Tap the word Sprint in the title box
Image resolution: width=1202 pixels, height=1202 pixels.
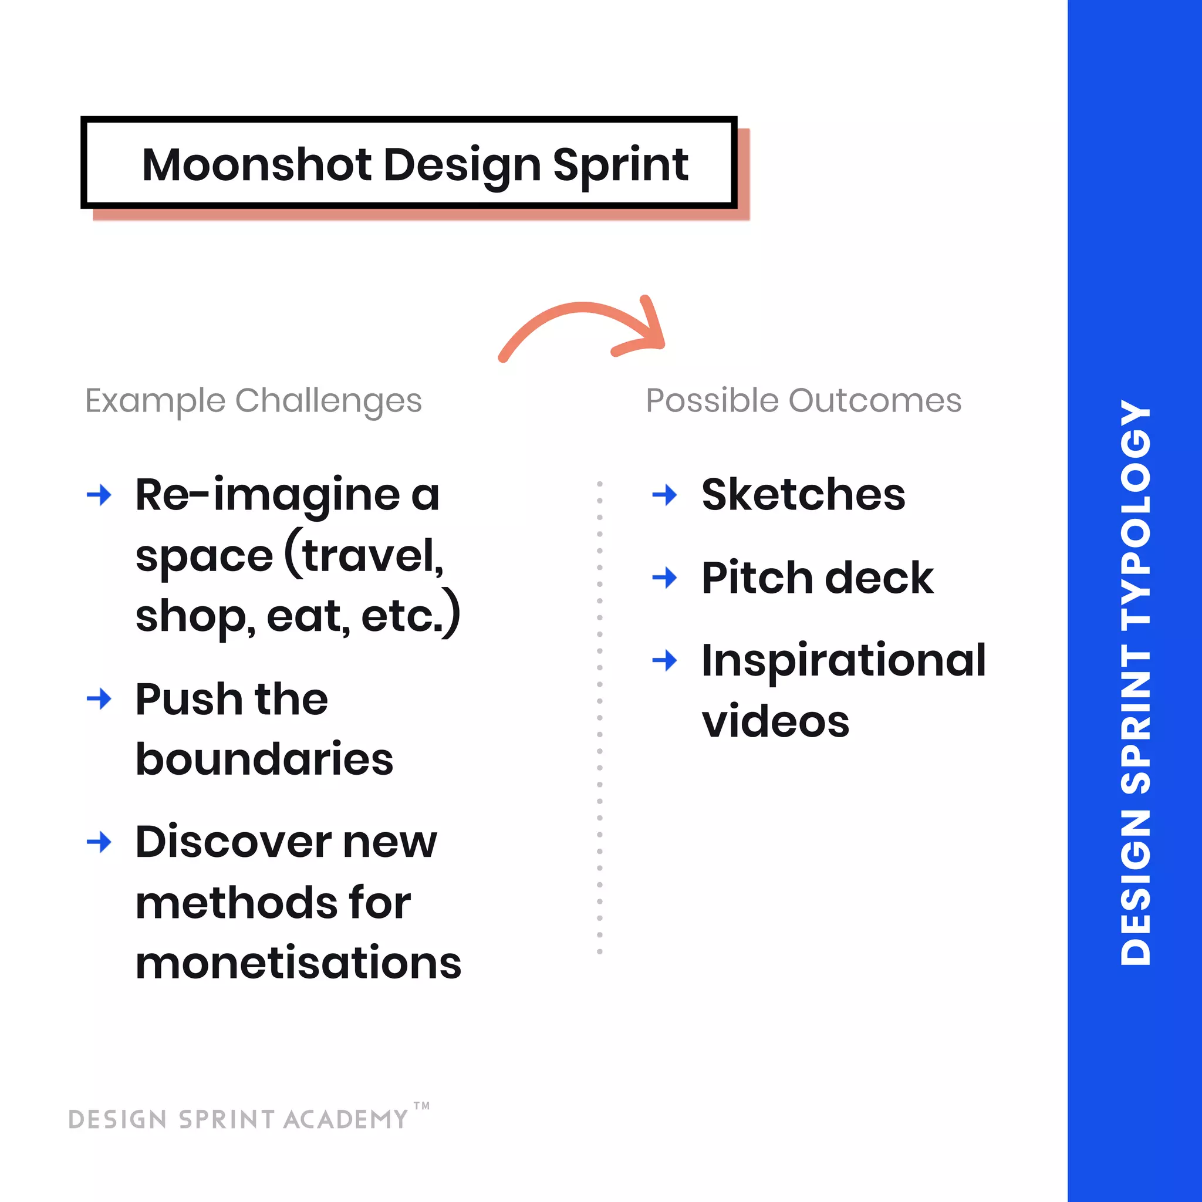620,166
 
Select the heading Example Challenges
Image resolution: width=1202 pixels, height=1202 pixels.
253,400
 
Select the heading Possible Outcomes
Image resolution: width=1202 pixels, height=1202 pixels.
803,400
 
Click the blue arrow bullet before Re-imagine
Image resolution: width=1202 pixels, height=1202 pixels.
99,495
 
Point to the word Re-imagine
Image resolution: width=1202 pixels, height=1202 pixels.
268,496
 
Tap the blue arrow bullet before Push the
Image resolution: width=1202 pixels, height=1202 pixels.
99,698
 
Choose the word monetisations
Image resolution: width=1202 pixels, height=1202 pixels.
298,963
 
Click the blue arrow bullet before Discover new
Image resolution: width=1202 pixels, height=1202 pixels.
99,842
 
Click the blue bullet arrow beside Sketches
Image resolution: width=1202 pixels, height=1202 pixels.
664,495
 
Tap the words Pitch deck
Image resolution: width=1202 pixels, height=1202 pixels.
817,578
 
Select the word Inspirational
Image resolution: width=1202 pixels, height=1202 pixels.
843,660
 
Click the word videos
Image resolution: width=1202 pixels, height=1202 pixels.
775,722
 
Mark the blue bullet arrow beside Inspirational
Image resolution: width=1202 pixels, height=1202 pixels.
664,660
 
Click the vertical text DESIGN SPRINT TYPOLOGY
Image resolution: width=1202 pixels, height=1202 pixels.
1135,682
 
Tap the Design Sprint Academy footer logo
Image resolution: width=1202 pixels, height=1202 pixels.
238,1119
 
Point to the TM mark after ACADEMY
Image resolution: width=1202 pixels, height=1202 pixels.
421,1106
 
